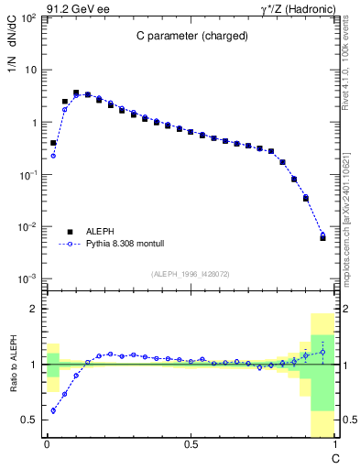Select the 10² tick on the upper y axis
[30, 17]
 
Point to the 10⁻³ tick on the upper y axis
[30, 278]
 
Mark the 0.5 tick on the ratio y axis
[31, 420]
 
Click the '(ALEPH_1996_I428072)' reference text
[191, 274]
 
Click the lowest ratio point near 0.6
[53, 410]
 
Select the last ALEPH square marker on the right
[322, 236]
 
